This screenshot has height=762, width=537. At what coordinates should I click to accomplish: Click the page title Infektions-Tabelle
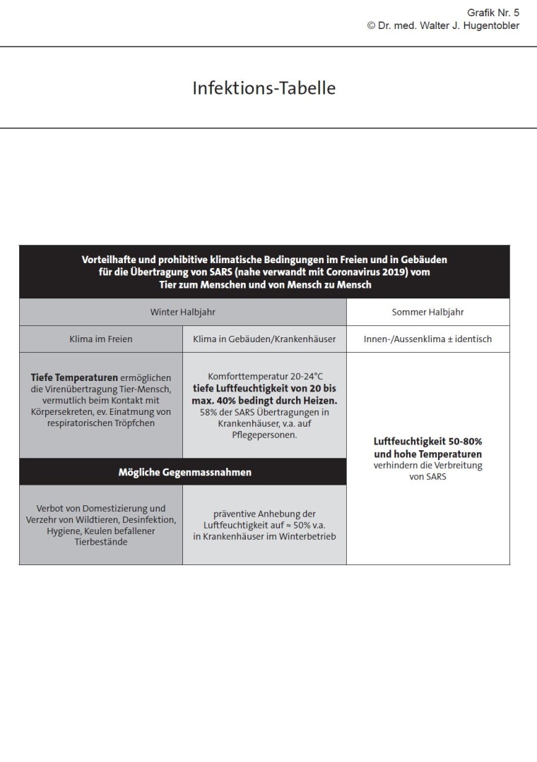tap(264, 89)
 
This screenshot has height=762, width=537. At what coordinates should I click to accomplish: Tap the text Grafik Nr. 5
tap(493, 13)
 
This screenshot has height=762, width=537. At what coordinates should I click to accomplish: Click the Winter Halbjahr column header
tap(182, 312)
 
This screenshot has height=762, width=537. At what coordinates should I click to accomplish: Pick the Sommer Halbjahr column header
tap(427, 312)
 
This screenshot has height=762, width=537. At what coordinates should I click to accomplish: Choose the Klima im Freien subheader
tap(100, 339)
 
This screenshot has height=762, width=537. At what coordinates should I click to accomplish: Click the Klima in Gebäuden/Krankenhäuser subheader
tap(264, 339)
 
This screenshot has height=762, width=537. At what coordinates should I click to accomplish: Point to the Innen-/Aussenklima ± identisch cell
tap(427, 339)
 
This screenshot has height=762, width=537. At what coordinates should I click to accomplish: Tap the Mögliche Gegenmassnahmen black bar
tap(184, 472)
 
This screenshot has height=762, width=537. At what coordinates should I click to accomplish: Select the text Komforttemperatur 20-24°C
tap(264, 377)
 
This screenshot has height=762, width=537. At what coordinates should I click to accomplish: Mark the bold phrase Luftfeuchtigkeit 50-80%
tap(427, 442)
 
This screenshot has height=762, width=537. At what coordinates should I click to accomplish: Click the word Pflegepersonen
tap(264, 435)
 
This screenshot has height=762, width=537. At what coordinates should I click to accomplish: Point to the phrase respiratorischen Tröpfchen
tap(100, 423)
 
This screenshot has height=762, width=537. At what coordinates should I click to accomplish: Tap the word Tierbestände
tap(100, 542)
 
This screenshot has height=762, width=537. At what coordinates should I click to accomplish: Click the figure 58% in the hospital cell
tap(208, 412)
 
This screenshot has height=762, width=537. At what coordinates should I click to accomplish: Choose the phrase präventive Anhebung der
tap(264, 514)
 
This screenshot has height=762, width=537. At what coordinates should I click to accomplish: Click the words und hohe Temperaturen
tap(427, 454)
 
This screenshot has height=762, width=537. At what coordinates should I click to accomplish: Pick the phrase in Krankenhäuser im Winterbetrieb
tap(264, 536)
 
